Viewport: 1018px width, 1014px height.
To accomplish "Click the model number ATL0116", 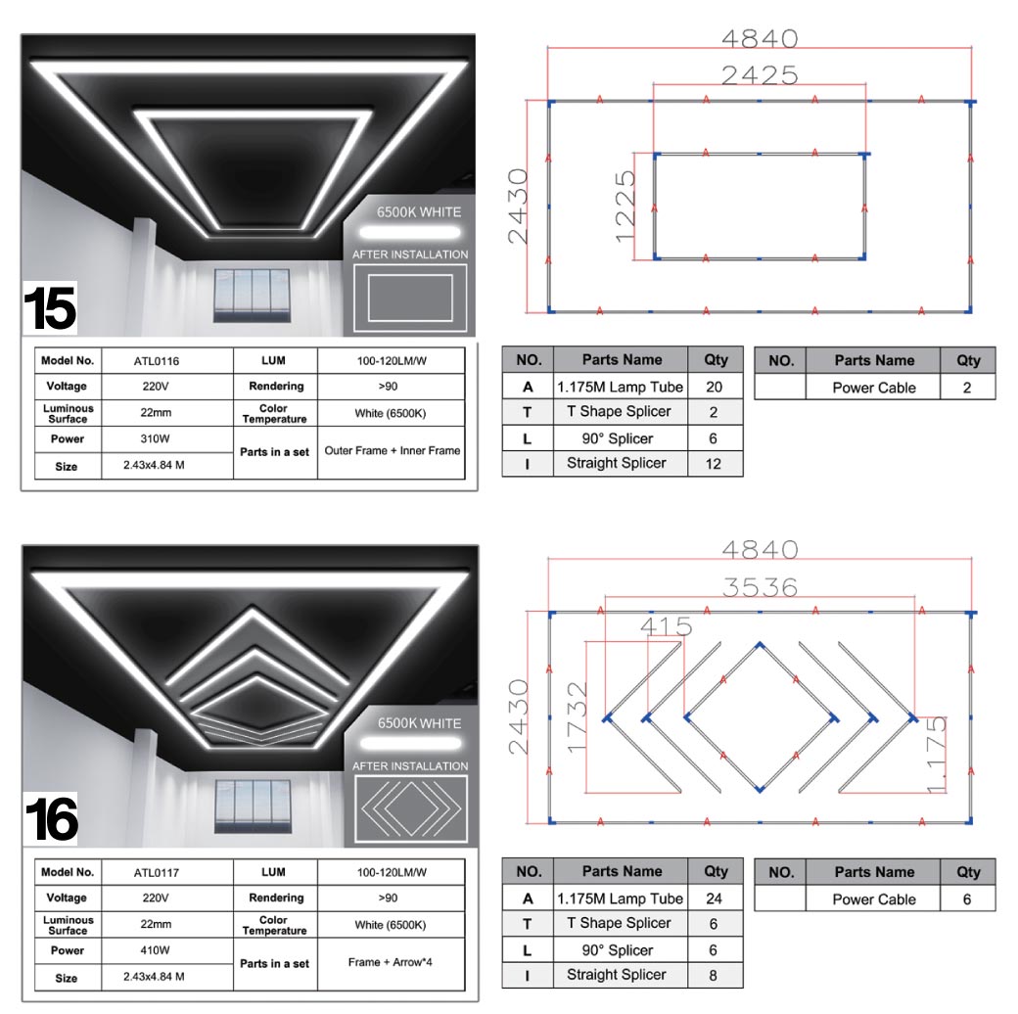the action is click(x=156, y=361).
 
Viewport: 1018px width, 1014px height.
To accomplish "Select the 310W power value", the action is click(x=156, y=438).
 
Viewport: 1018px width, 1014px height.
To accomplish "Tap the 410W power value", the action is click(x=156, y=950).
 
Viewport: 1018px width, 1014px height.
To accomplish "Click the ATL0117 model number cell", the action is click(x=156, y=872).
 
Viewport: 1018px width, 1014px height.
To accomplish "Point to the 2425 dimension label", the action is click(x=760, y=75).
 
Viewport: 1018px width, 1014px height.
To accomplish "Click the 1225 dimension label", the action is click(x=625, y=206).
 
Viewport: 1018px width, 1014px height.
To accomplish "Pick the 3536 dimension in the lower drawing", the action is click(x=760, y=587).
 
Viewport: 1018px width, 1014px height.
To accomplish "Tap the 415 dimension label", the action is click(x=667, y=626).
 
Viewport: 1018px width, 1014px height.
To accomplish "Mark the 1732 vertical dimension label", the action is click(x=577, y=717).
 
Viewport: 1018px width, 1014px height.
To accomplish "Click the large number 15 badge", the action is click(x=50, y=308).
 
